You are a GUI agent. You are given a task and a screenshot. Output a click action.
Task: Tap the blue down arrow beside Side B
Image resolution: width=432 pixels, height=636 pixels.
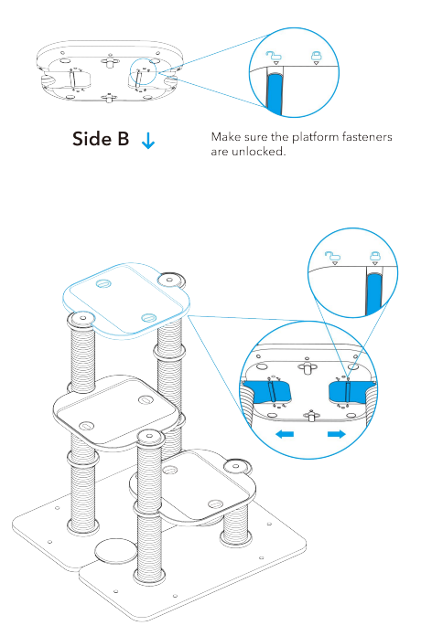pyautogui.click(x=149, y=141)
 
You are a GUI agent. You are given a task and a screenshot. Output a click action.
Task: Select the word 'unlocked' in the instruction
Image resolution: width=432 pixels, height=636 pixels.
pyautogui.click(x=261, y=152)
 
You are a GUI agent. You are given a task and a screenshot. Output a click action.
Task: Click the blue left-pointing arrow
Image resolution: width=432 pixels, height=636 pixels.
pyautogui.click(x=288, y=435)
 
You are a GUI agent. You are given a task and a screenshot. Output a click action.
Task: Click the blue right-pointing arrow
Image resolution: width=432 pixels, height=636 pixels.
pyautogui.click(x=336, y=435)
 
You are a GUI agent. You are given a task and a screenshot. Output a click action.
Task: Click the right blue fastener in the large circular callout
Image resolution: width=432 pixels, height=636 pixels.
pyautogui.click(x=348, y=392)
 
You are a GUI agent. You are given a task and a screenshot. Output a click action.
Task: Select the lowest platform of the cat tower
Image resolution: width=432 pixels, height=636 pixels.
pyautogui.click(x=201, y=484)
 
